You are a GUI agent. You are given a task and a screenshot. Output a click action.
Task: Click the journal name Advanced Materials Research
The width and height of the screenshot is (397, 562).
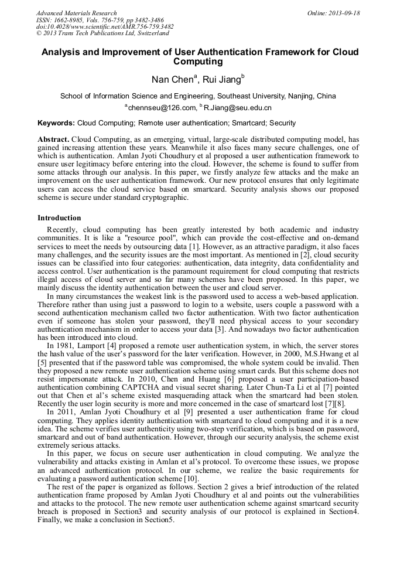tap(76, 13)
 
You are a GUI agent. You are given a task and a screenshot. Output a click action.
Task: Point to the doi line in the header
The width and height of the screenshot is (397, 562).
tap(105, 26)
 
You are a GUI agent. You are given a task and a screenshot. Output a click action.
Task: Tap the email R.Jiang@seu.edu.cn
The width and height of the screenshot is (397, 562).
tap(237, 108)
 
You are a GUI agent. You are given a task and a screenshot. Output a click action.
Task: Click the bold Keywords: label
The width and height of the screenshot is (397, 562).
tap(56, 123)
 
